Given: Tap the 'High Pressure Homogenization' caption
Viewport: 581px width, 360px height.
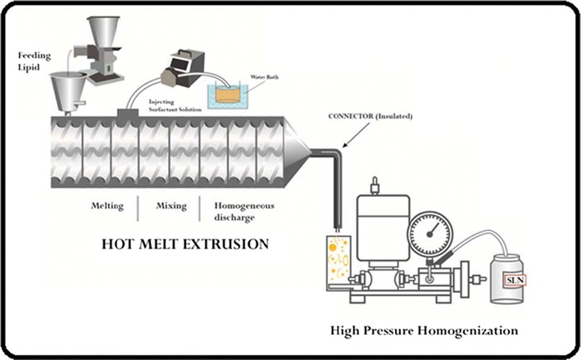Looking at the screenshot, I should (424, 331).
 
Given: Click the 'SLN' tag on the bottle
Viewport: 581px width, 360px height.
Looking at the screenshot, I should (514, 280).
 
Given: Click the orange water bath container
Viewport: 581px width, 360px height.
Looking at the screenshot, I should (234, 96).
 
